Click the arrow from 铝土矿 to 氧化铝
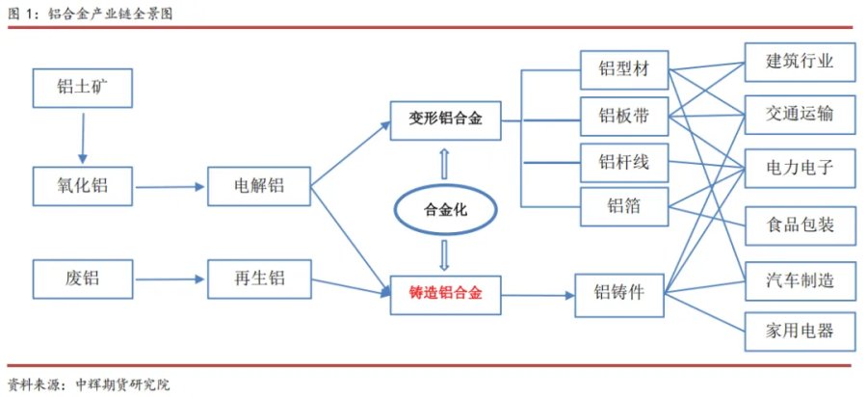pyautogui.click(x=83, y=138)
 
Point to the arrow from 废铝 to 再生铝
pyautogui.click(x=170, y=279)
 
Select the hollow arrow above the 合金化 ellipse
pyautogui.click(x=444, y=164)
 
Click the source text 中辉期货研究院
pyautogui.click(x=118, y=384)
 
